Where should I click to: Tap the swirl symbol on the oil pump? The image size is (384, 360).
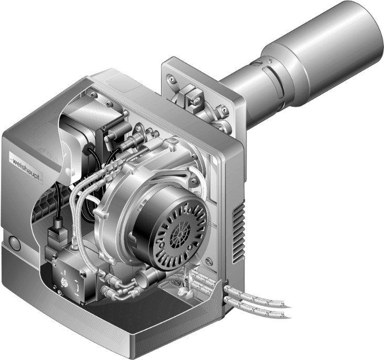[63, 282]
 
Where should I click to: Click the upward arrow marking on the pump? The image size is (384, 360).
[65, 271]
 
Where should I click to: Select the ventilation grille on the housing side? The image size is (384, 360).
[239, 233]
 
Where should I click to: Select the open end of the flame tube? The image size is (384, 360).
[372, 29]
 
